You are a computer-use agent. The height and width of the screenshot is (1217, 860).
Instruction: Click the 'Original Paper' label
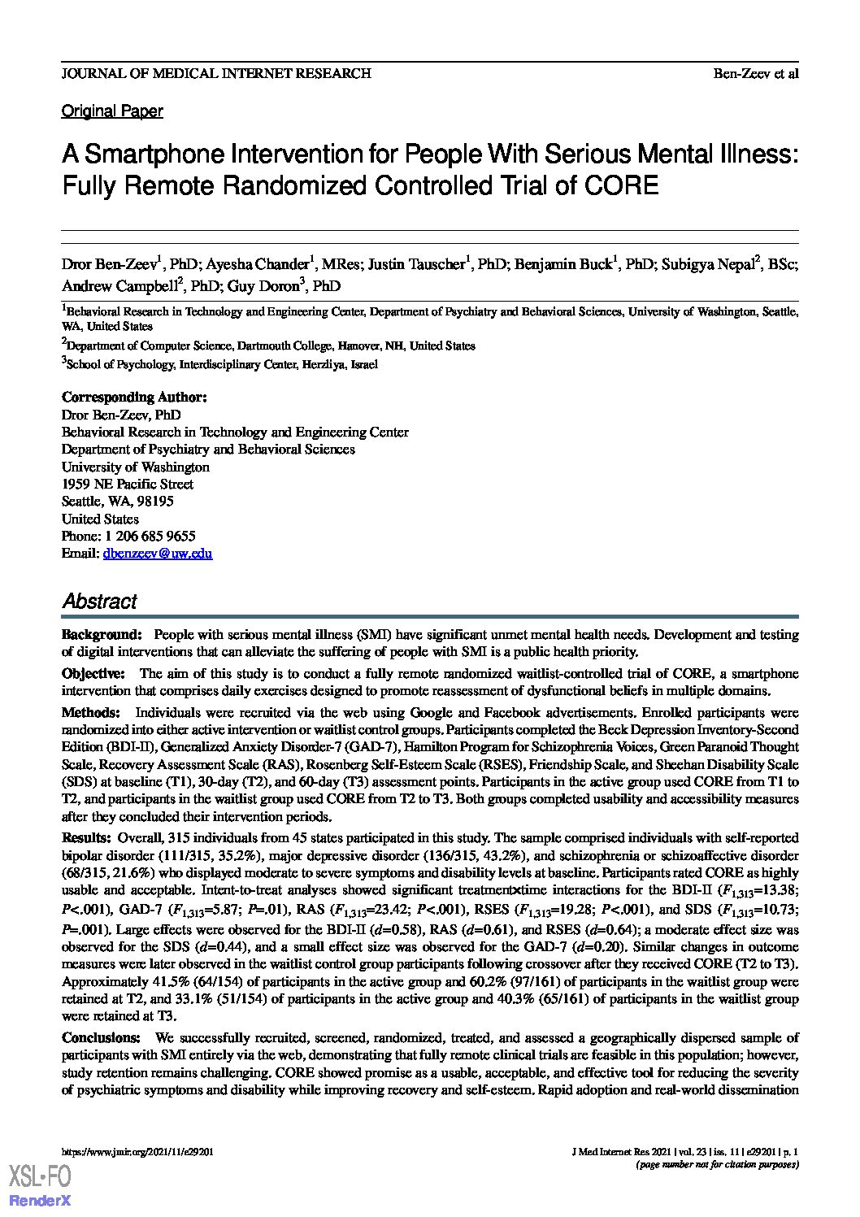pyautogui.click(x=112, y=111)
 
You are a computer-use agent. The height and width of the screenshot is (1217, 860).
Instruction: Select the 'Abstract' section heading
pyautogui.click(x=99, y=602)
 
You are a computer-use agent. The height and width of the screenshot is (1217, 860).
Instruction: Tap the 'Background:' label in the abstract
pyautogui.click(x=102, y=634)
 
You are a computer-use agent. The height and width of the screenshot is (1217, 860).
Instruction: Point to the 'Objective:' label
pyautogui.click(x=93, y=674)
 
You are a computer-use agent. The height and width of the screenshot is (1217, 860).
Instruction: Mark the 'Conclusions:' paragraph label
pyautogui.click(x=101, y=1038)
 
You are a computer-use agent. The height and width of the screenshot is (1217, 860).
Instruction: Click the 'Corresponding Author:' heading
pyautogui.click(x=134, y=398)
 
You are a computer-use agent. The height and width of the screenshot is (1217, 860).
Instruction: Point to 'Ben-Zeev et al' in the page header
pyautogui.click(x=756, y=73)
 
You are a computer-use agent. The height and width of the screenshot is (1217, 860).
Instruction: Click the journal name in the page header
pyautogui.click(x=216, y=73)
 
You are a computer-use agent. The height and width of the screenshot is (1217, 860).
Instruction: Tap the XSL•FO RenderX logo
pyautogui.click(x=40, y=1184)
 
